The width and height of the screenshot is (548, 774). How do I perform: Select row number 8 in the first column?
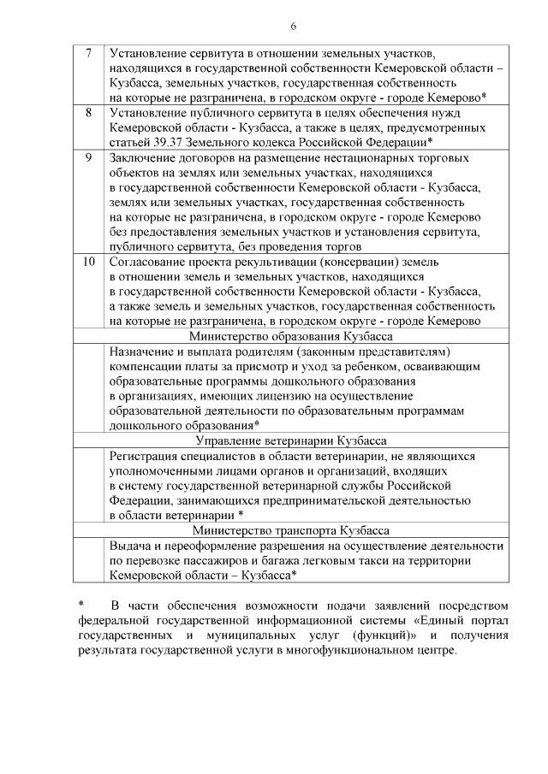89,113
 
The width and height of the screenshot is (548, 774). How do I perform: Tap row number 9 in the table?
89,157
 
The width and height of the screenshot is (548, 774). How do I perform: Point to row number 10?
89,262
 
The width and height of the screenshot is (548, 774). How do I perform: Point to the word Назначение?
144,352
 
